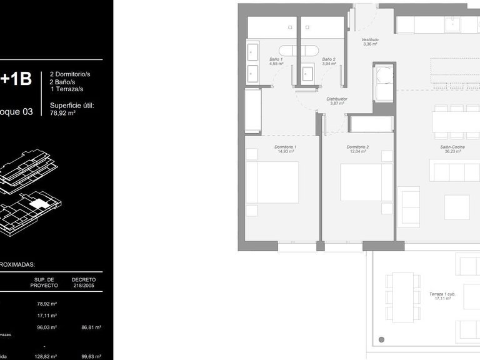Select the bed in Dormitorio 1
[272, 182]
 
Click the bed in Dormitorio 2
[366, 182]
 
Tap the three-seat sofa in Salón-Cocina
[456, 169]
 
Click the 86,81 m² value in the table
[91, 327]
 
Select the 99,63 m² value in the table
[91, 356]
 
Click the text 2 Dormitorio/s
[70, 74]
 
